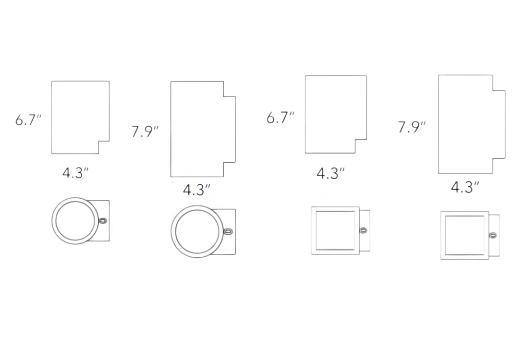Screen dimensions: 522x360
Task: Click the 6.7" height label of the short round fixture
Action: point(28,120)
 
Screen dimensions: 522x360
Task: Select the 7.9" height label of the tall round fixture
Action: point(145,132)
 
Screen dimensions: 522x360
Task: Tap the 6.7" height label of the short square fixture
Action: point(280,118)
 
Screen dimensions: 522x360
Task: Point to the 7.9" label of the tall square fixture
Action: point(412,127)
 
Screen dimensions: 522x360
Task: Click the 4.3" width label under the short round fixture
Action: point(75,173)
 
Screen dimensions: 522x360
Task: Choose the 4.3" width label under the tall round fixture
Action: point(196,190)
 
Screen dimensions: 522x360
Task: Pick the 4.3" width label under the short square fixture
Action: point(330,173)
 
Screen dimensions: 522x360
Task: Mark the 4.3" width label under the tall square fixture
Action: point(465,187)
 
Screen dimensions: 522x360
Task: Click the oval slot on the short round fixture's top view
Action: point(103,221)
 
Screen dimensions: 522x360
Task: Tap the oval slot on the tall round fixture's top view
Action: point(228,231)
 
